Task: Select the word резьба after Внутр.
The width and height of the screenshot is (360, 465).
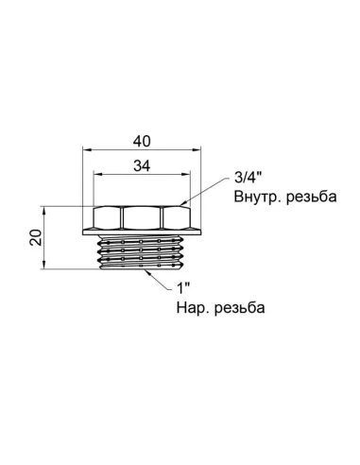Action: pyautogui.click(x=307, y=199)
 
